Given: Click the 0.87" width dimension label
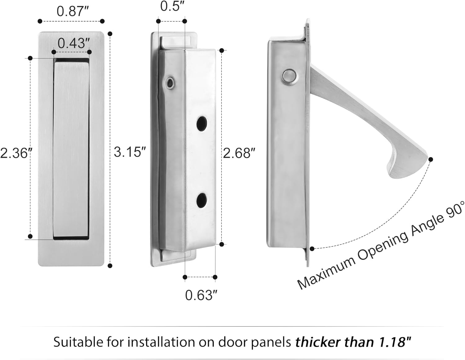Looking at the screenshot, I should tap(73, 11).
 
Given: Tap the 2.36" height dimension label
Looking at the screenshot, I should tap(15, 153).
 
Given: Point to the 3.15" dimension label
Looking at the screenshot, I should tap(130, 152).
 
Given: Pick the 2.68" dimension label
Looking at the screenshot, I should tap(239, 153).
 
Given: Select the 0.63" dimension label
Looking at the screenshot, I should tap(201, 295).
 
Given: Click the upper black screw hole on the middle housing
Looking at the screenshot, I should tap(202, 123).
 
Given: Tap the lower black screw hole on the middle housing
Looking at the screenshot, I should tap(202, 200).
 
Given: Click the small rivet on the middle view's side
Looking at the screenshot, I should tap(170, 83).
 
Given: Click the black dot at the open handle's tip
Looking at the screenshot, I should tap(431, 159).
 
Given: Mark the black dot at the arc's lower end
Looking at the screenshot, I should tap(312, 248).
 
